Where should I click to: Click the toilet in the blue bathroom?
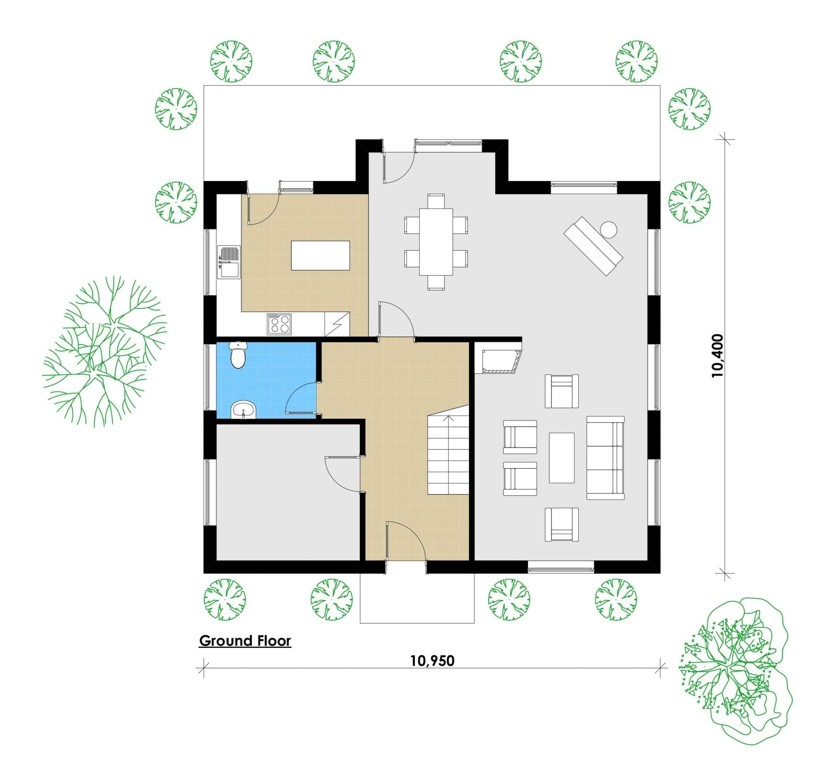[x=238, y=355]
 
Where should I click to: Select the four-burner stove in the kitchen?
[x=279, y=324]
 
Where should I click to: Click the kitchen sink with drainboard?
[x=229, y=262]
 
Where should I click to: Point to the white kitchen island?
[x=320, y=255]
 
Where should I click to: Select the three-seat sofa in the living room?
[x=605, y=458]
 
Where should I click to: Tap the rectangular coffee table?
[x=561, y=458]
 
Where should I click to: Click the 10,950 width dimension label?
[x=432, y=660]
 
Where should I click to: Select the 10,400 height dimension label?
[x=718, y=356]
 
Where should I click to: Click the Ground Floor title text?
[x=245, y=641]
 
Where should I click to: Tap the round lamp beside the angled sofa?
[x=609, y=229]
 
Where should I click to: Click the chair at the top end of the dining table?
[x=436, y=201]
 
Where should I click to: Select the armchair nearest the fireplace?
[x=561, y=391]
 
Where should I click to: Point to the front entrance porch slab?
[x=417, y=598]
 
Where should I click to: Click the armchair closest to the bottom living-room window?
[x=561, y=525]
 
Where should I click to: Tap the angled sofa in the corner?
[x=593, y=246]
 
